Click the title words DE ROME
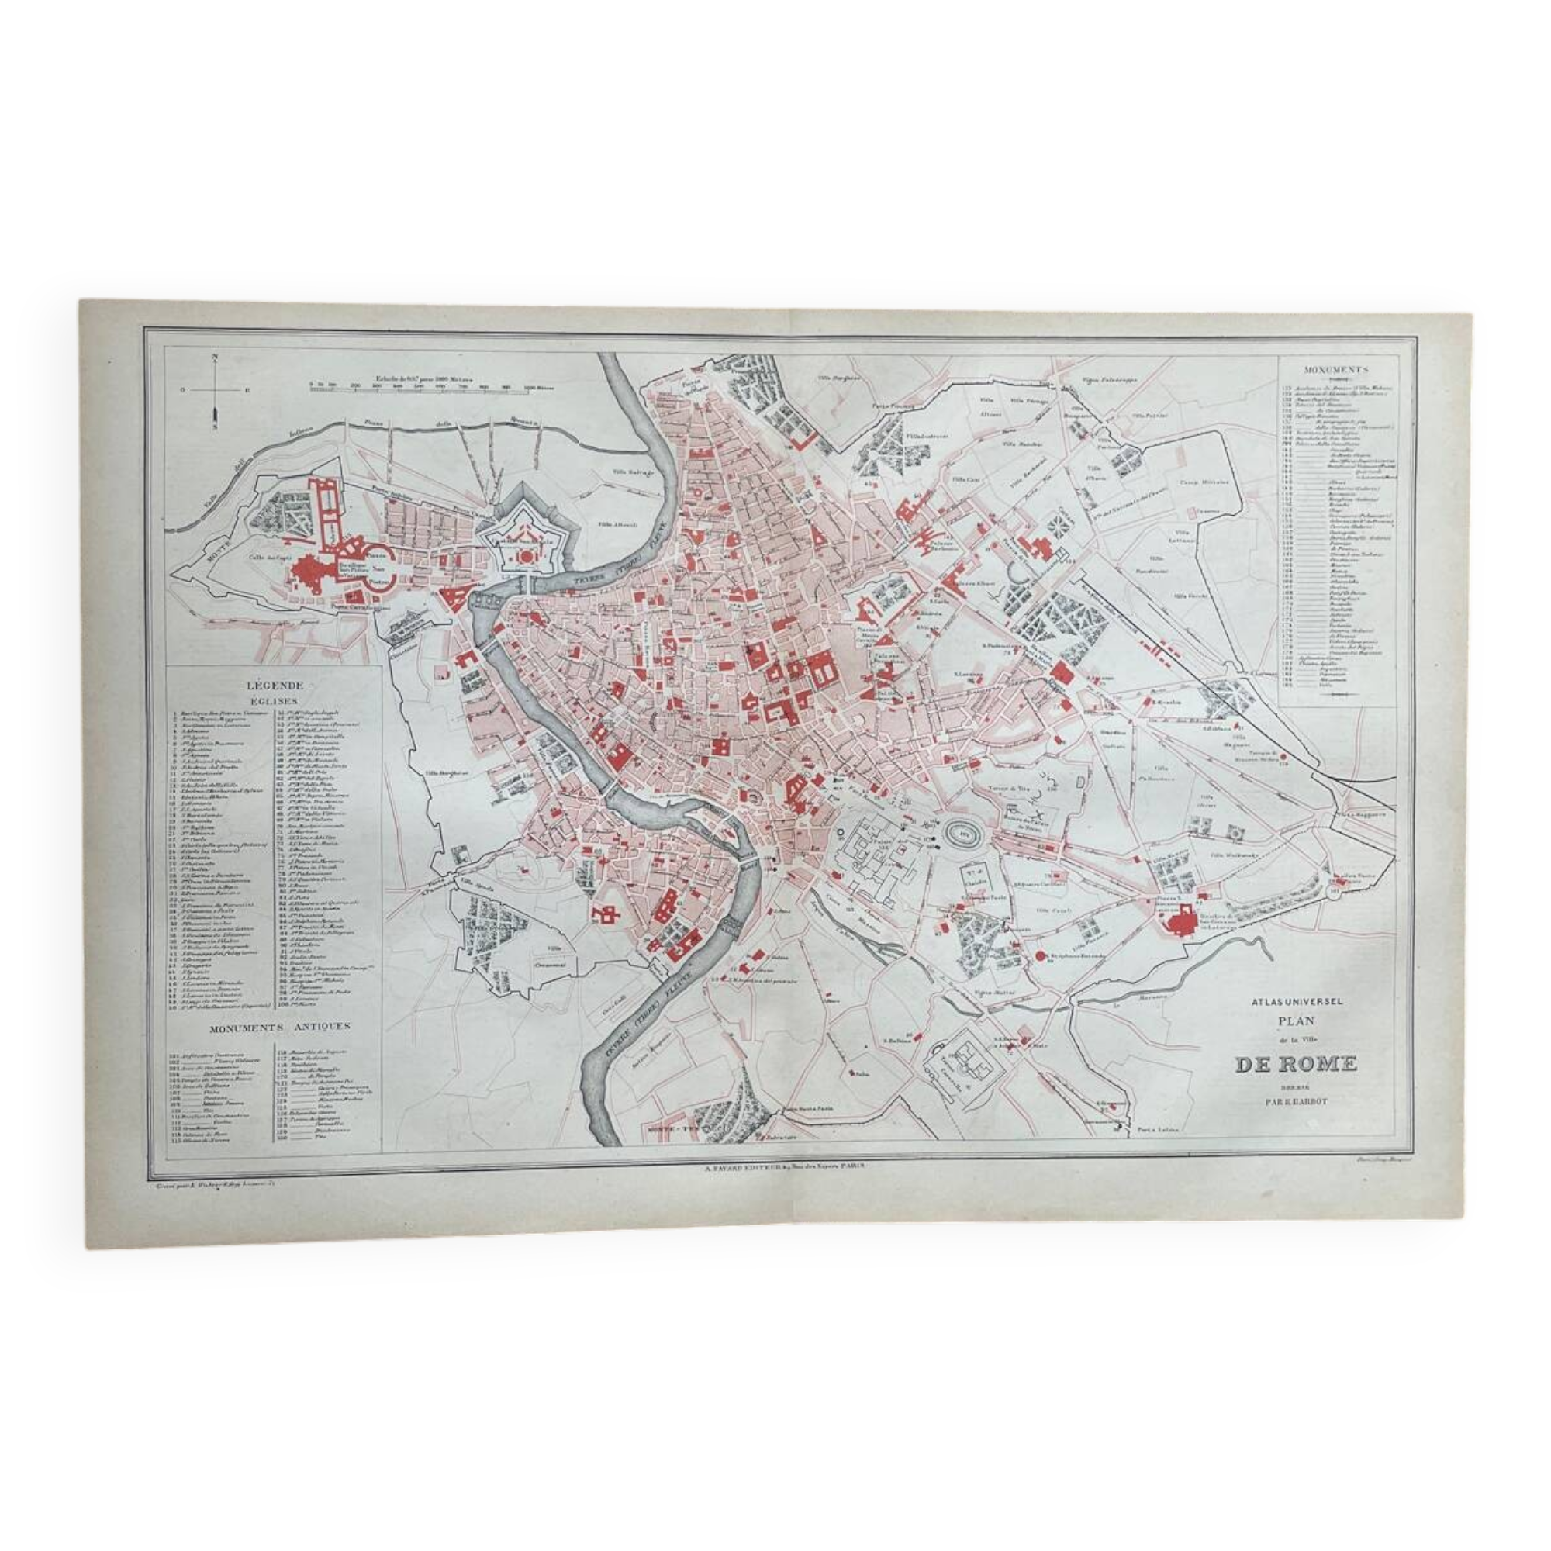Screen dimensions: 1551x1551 tap(1296, 1065)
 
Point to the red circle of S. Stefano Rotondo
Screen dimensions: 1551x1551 tap(1041, 956)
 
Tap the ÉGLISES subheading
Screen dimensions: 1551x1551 tap(275, 702)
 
